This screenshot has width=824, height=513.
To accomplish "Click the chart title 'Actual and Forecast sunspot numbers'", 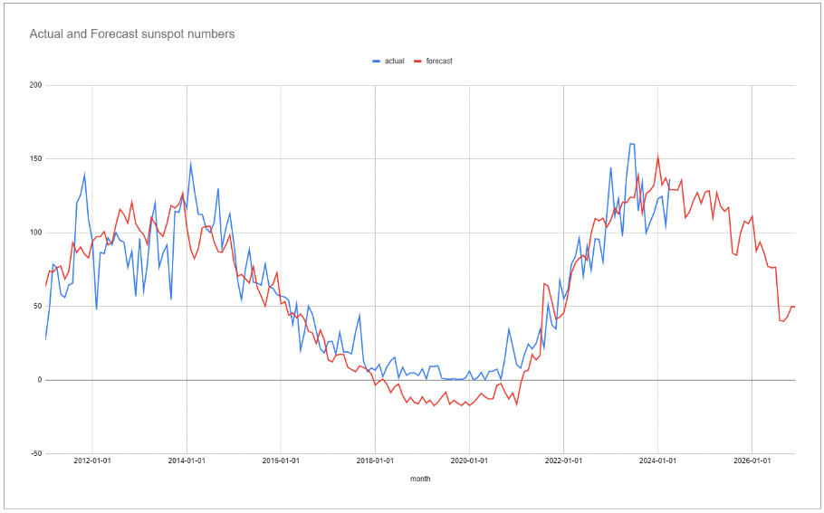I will click(132, 34).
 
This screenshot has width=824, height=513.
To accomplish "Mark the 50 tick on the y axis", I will click(36, 306).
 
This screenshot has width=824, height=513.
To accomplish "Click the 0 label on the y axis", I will click(39, 380).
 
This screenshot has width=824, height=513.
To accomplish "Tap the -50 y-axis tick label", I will click(34, 453).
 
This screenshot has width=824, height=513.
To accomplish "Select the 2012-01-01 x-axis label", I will click(92, 460).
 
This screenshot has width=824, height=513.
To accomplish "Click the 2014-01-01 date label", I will click(187, 460).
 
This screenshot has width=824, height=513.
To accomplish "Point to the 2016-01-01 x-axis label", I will click(281, 460).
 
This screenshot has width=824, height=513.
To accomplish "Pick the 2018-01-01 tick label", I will click(375, 460).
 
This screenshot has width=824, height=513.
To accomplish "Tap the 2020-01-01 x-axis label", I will click(469, 460).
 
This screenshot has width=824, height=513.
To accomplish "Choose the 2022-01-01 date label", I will click(563, 460).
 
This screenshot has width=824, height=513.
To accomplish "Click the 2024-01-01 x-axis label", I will click(657, 460).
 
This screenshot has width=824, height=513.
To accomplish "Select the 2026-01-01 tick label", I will click(752, 460).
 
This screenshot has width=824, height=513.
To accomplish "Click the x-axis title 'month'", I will click(420, 479).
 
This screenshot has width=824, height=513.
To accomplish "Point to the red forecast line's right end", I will click(795, 307).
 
